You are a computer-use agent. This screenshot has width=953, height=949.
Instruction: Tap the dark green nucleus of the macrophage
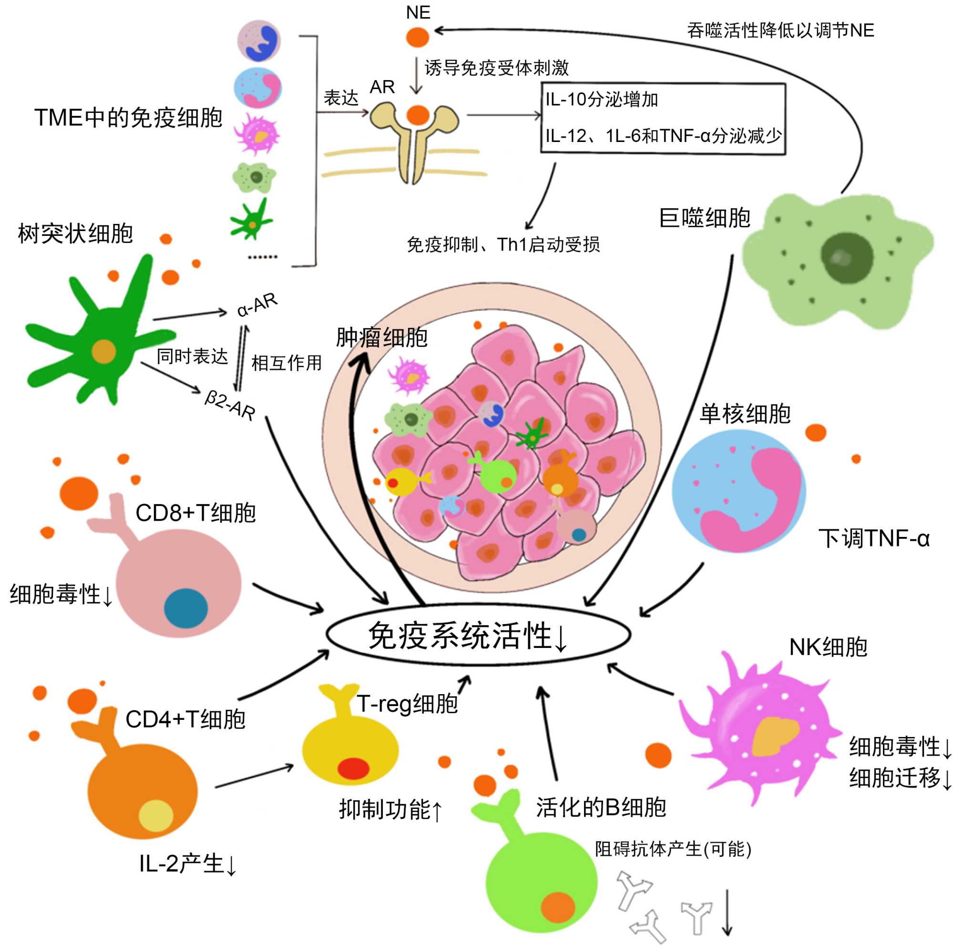(x=847, y=257)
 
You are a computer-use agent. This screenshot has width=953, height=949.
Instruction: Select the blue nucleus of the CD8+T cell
(x=185, y=608)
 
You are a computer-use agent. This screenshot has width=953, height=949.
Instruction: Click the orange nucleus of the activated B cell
(x=557, y=906)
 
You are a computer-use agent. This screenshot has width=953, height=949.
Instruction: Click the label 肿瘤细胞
(x=381, y=338)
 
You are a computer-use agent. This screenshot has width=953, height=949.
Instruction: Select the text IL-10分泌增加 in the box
(x=602, y=100)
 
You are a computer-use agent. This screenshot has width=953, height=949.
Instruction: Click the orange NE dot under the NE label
(x=417, y=37)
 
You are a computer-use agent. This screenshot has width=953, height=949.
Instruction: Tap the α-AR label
(x=257, y=305)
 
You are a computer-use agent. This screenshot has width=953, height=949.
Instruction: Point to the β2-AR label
(x=230, y=405)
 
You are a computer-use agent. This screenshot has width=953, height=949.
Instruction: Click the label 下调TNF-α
(x=873, y=538)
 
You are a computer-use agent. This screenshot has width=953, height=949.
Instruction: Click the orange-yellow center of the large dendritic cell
(x=103, y=352)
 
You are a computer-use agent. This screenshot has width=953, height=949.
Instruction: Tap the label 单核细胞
(x=745, y=414)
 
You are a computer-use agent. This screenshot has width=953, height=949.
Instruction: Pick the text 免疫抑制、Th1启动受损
(x=502, y=244)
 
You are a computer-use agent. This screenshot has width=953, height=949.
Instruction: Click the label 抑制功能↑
(x=390, y=809)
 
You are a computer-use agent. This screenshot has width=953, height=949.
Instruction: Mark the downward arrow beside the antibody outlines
(x=727, y=911)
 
